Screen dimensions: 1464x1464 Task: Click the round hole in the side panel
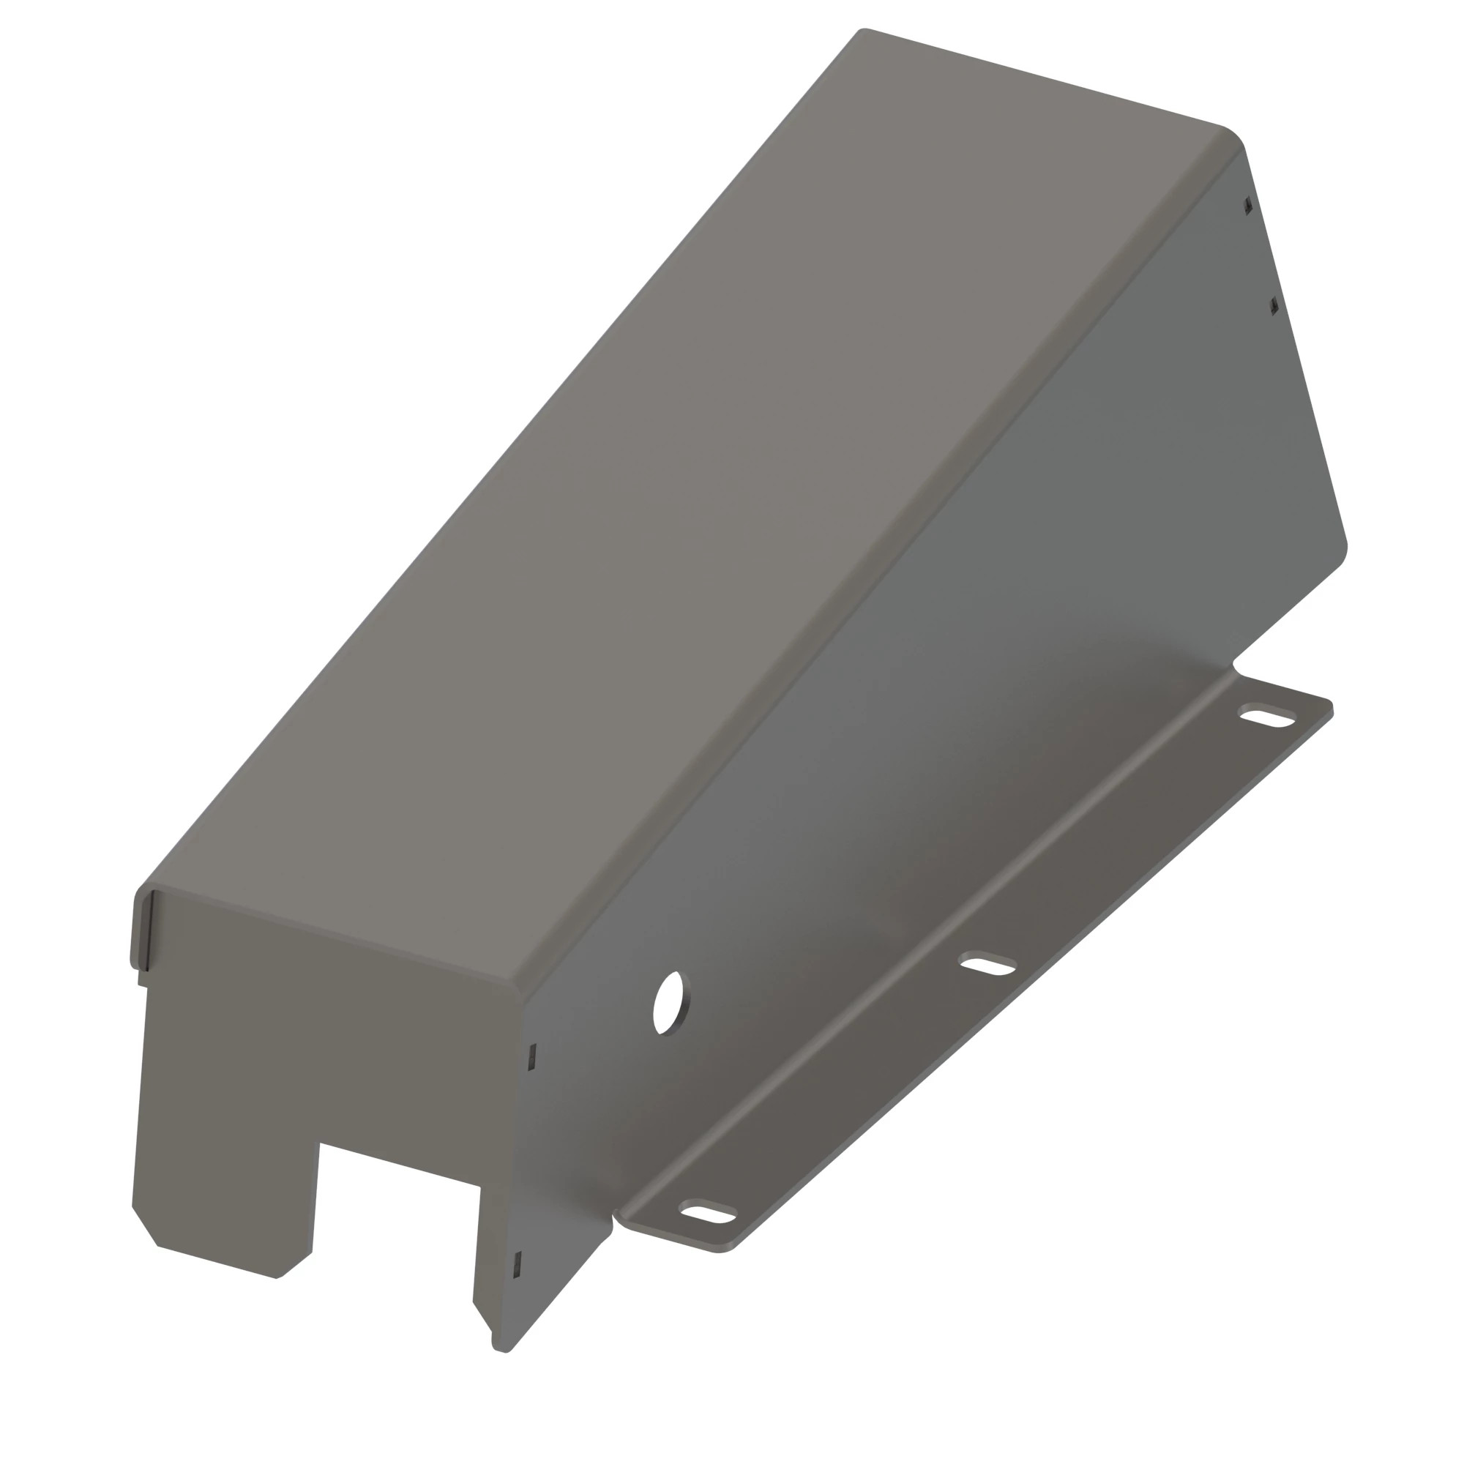tap(670, 1004)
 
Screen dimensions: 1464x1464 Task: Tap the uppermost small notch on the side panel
tap(1248, 206)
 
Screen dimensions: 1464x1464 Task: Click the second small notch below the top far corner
tap(1274, 306)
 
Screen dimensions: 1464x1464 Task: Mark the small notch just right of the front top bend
tap(532, 1056)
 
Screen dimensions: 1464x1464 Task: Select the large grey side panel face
tap(985, 606)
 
